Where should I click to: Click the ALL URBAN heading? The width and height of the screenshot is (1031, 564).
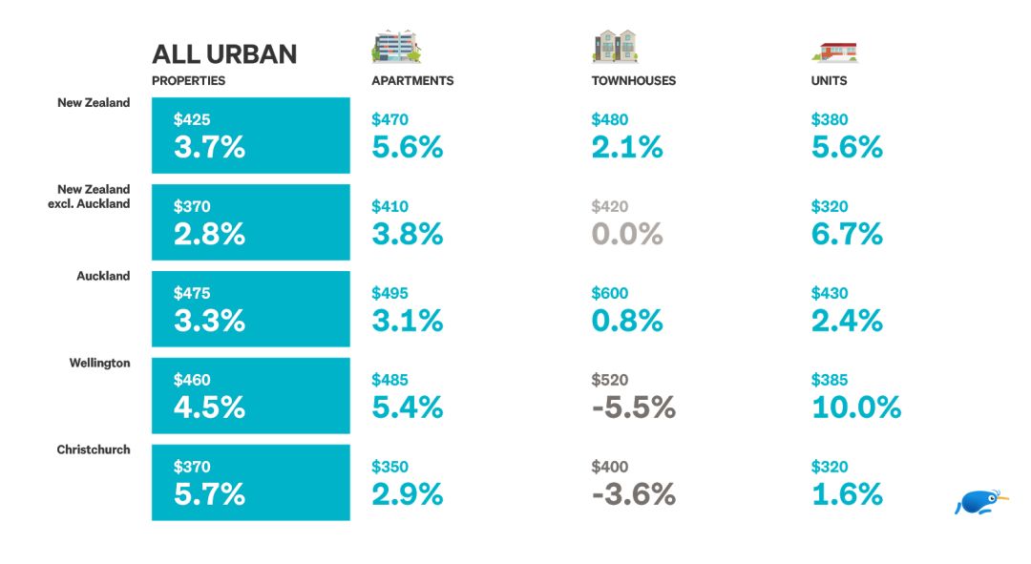(224, 53)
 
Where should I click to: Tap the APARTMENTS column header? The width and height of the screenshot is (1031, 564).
(412, 81)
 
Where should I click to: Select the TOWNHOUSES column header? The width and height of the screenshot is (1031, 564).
(633, 81)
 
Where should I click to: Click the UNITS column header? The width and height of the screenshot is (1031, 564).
(829, 81)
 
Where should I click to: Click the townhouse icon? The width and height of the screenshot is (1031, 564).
(615, 47)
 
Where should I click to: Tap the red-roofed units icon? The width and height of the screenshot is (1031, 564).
(834, 51)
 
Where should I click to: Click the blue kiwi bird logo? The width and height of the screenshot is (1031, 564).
(980, 502)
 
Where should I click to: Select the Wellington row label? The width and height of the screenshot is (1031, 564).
(99, 364)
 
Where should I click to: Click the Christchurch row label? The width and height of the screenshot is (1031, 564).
(94, 449)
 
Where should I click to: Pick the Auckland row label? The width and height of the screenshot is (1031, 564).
(103, 277)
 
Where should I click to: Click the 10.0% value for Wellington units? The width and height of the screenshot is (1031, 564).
(855, 407)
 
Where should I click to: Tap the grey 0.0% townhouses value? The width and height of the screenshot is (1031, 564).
(626, 234)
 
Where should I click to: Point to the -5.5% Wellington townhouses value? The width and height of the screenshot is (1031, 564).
(633, 407)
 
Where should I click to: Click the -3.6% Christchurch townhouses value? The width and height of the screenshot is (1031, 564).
(633, 494)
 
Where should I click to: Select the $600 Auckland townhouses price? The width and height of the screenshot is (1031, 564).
(610, 294)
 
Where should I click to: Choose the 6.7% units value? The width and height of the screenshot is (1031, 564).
(846, 234)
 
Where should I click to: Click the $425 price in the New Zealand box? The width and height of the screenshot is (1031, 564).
(192, 120)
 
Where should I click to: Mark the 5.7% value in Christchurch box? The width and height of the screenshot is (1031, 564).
(209, 494)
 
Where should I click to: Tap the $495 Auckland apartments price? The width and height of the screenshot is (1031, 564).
(389, 294)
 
